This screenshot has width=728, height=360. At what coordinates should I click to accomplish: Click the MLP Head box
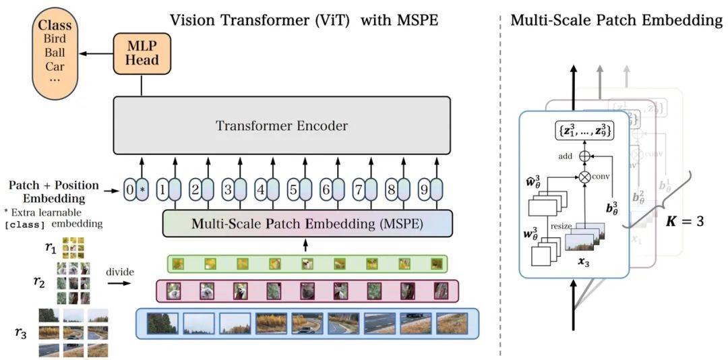(x=143, y=54)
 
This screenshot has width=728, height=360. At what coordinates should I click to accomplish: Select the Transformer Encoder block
(x=281, y=126)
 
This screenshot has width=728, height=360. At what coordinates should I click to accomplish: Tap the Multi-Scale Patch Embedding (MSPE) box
(x=307, y=224)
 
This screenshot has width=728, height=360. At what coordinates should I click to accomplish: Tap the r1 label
(x=51, y=247)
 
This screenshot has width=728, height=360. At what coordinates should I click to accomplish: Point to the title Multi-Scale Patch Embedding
(x=615, y=20)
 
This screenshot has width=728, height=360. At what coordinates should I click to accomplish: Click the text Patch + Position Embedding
(x=54, y=191)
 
